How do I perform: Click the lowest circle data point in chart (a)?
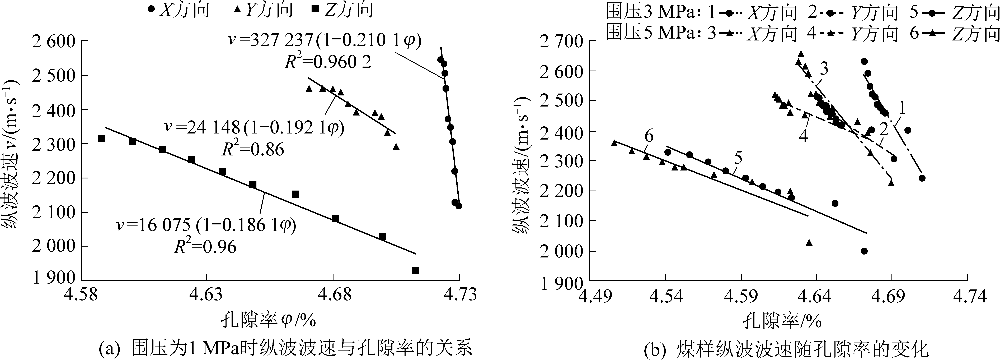(459, 206)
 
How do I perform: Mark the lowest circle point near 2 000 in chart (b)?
(864, 251)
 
